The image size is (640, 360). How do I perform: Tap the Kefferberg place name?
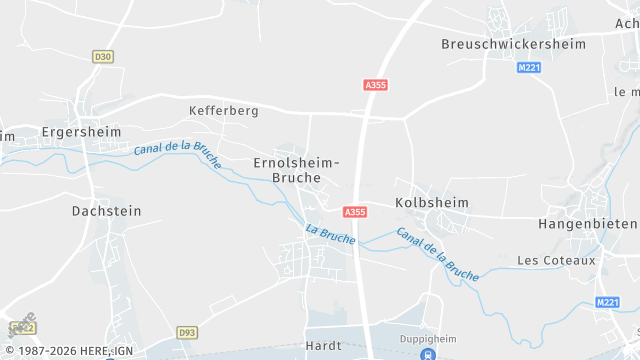[x=223, y=110]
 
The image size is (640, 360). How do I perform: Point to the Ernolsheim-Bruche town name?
[x=296, y=170]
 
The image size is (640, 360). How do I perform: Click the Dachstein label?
[x=107, y=211]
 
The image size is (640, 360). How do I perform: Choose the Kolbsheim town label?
[x=432, y=202]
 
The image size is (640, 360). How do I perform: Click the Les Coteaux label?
[x=556, y=260]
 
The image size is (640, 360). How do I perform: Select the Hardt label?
[x=323, y=346]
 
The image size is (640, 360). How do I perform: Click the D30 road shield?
[x=102, y=57]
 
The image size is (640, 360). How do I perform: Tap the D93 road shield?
[x=187, y=332]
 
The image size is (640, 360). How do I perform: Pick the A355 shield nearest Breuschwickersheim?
[x=376, y=86]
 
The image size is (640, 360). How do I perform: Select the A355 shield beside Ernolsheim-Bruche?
[x=355, y=212]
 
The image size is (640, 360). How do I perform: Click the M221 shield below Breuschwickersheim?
[x=528, y=68]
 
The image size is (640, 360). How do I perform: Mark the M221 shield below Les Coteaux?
[x=607, y=302]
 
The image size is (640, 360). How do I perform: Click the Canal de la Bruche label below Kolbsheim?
[x=437, y=253]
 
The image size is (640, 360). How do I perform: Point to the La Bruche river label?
[x=330, y=237]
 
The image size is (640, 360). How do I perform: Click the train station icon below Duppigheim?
[x=428, y=354]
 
